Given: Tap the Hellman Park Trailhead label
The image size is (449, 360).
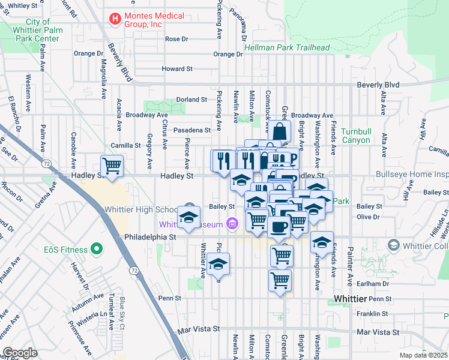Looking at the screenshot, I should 288,48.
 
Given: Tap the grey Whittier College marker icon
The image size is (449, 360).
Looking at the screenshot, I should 393,245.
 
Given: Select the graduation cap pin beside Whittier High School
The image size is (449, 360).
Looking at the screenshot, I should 189,216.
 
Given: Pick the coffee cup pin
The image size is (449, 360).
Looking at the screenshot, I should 279,227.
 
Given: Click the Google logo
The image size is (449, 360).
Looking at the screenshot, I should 20,353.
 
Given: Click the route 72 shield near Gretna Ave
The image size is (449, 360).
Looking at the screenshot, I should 46,163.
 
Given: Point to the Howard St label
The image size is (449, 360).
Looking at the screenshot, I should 176,69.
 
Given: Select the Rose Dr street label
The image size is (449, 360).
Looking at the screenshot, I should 176,39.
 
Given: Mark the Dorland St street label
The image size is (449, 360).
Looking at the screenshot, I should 191,100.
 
